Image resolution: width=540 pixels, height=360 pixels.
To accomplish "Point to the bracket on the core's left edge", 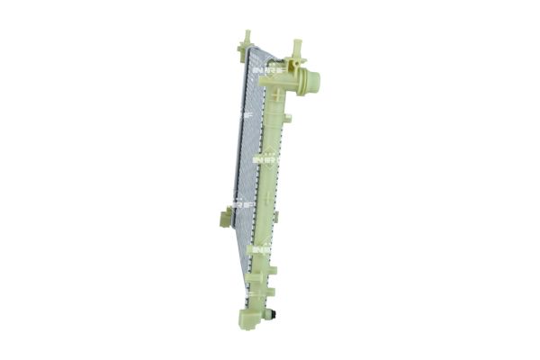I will point(226,216).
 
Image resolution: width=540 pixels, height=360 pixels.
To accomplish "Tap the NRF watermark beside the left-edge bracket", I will point(241,203).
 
